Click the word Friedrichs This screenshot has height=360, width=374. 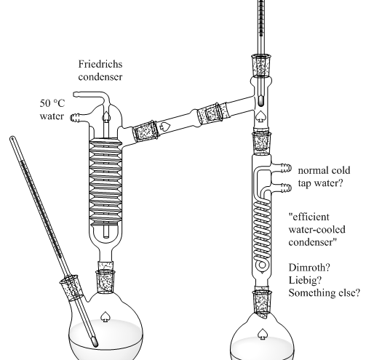tap(100, 64)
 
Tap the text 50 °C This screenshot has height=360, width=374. tap(52, 103)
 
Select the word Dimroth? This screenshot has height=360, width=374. tap(309, 268)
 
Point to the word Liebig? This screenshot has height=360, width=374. tap(305, 281)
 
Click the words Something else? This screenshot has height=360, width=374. tap(325, 293)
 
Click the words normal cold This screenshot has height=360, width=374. tap(324, 170)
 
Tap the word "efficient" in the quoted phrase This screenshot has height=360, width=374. tap(309, 217)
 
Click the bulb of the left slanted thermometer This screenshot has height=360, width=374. tap(95, 343)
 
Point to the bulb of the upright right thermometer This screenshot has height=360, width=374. tap(261, 100)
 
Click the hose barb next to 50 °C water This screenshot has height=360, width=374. tap(75, 118)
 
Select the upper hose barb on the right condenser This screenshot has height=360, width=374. tap(286, 168)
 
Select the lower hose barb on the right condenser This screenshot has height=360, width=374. tap(286, 188)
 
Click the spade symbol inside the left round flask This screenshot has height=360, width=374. tap(105, 316)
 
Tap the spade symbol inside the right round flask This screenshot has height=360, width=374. tap(262, 334)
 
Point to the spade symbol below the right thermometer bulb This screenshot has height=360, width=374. tap(260, 116)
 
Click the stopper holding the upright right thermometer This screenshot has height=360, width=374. tap(261, 65)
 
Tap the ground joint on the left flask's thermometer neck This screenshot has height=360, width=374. tap(72, 287)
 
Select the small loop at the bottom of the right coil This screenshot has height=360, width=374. tap(262, 265)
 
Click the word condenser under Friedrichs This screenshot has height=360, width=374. tap(100, 77)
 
